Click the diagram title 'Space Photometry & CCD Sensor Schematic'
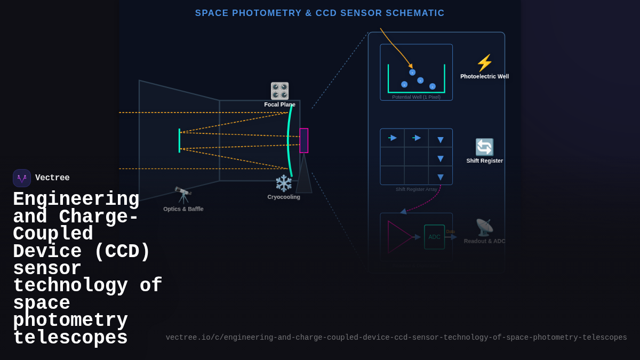(319, 13)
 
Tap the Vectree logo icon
(22, 178)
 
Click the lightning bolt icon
(484, 63)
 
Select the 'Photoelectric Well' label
(484, 77)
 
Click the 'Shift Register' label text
(484, 161)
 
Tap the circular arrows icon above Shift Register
(484, 147)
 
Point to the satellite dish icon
(484, 227)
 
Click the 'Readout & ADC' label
(484, 242)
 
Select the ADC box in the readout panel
(434, 237)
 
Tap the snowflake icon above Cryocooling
(284, 183)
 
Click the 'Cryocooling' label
(284, 197)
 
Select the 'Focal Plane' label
(279, 105)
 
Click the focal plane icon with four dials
(279, 91)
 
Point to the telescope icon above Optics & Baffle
(183, 195)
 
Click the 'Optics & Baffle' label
(183, 209)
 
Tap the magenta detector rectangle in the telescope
(303, 140)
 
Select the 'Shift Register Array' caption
(416, 189)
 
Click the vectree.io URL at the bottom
(396, 338)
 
